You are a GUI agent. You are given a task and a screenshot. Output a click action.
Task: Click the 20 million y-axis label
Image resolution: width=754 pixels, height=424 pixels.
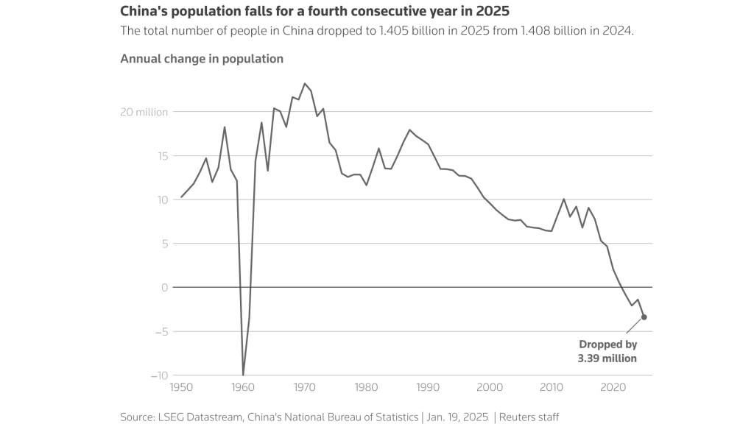pyautogui.click(x=145, y=112)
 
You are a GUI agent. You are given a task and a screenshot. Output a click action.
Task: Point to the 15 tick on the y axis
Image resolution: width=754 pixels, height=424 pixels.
pyautogui.click(x=161, y=156)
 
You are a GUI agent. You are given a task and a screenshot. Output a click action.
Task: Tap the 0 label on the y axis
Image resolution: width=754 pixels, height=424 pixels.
pyautogui.click(x=165, y=288)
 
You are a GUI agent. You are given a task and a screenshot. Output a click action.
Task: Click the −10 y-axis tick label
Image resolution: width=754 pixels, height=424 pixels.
pyautogui.click(x=158, y=375)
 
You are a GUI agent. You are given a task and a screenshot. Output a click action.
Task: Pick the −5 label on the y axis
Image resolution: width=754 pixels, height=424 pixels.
pyautogui.click(x=161, y=331)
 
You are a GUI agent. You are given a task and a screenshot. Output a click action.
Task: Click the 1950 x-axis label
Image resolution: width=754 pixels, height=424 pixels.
pyautogui.click(x=180, y=386)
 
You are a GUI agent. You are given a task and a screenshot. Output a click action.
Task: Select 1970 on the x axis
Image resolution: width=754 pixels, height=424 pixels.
pyautogui.click(x=304, y=386)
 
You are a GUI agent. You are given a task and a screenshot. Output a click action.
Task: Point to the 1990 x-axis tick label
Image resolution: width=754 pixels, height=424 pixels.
pyautogui.click(x=428, y=386)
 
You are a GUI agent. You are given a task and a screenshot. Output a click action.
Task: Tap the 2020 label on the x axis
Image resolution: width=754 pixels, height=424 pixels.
pyautogui.click(x=613, y=386)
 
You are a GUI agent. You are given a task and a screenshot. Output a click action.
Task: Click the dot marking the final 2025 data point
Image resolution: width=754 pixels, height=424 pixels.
pyautogui.click(x=644, y=317)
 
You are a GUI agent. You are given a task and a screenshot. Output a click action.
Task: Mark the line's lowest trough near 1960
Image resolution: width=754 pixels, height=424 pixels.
pyautogui.click(x=243, y=375)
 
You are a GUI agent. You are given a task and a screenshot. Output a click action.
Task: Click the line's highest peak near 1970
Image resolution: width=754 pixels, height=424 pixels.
pyautogui.click(x=305, y=84)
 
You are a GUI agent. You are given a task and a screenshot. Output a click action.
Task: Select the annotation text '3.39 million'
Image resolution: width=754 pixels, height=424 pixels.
pyautogui.click(x=607, y=358)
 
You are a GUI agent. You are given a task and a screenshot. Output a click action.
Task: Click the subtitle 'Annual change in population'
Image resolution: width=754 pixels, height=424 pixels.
pyautogui.click(x=202, y=59)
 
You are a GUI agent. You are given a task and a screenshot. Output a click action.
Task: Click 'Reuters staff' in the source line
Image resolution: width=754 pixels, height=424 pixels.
pyautogui.click(x=529, y=417)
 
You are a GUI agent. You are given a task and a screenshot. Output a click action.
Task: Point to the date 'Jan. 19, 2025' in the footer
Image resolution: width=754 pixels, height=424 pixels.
pyautogui.click(x=456, y=417)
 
